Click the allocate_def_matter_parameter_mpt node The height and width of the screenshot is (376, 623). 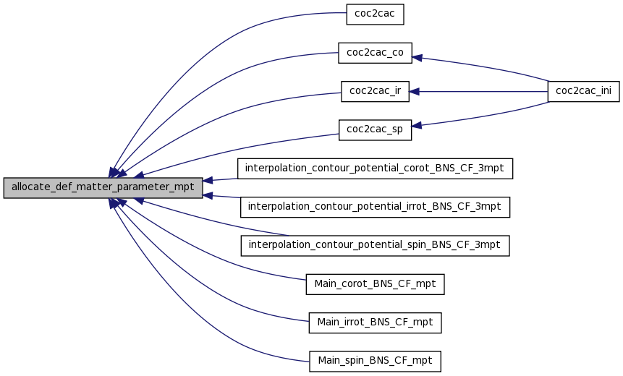click(x=103, y=187)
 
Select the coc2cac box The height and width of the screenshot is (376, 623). click(x=374, y=14)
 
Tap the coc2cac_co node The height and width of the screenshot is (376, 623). click(x=375, y=52)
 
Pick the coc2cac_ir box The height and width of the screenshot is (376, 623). click(x=375, y=91)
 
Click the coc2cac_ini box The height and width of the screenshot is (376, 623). click(x=583, y=91)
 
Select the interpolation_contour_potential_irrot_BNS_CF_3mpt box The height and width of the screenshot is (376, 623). click(x=375, y=207)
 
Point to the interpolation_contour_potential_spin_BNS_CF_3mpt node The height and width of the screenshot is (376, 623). click(x=375, y=245)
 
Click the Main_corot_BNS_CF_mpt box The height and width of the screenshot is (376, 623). click(x=375, y=284)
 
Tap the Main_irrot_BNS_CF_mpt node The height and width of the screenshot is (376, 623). click(x=375, y=322)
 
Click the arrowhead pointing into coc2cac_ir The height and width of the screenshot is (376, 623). click(x=416, y=92)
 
